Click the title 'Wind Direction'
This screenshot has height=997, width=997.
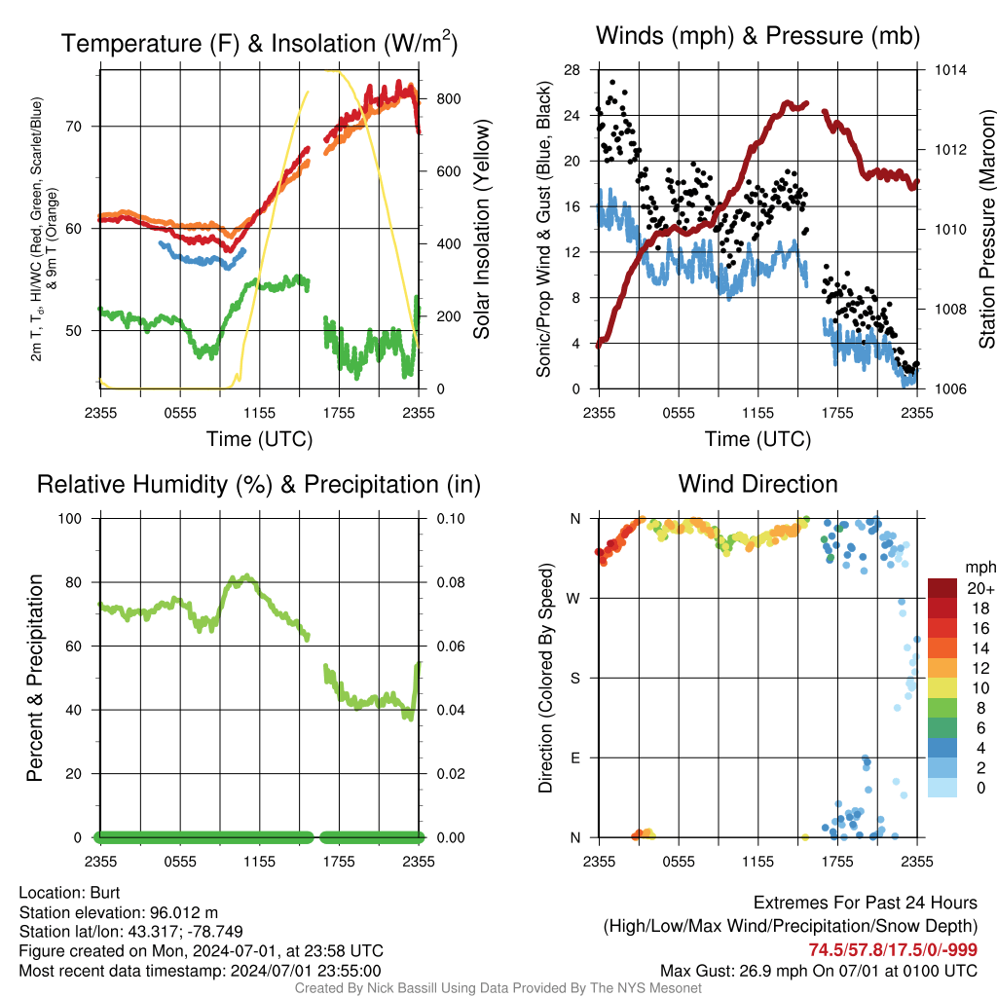click(x=757, y=484)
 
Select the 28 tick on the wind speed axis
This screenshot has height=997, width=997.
click(x=572, y=70)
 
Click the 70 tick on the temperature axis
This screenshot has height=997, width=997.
click(x=82, y=127)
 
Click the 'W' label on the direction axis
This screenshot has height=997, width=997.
click(x=575, y=598)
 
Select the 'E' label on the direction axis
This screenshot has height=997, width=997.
click(x=576, y=757)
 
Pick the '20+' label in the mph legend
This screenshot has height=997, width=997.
click(x=975, y=589)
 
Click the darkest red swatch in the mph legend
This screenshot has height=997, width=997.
click(x=942, y=588)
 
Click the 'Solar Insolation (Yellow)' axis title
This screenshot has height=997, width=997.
click(x=481, y=230)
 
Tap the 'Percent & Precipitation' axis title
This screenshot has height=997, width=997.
click(x=35, y=678)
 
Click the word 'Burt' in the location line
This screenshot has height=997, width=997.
click(x=105, y=892)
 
